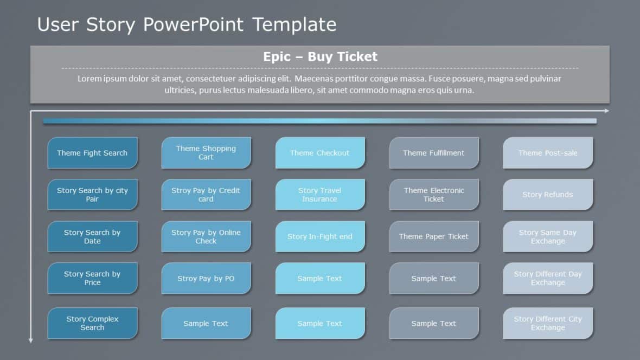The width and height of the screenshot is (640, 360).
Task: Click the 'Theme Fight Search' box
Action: pos(92,153)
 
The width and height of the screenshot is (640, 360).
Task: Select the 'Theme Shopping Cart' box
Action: pos(206,153)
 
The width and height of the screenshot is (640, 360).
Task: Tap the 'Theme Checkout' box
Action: pos(320,153)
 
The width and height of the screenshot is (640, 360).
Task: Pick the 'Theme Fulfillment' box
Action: pos(434,153)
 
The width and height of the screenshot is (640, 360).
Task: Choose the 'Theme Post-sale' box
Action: pos(548,153)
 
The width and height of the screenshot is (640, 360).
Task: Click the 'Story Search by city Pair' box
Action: pos(92,195)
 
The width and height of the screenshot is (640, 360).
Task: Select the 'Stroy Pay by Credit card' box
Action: pos(206,195)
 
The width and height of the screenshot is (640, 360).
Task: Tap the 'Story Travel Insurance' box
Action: pos(320,195)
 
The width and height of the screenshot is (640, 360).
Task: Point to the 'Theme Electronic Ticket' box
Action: pos(434,195)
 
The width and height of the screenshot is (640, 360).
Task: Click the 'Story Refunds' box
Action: pos(548,195)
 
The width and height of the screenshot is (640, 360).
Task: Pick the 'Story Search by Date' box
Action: pos(92,236)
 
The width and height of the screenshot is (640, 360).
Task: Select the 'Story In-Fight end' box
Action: pos(320,236)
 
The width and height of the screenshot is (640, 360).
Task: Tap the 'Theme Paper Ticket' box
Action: pos(434,236)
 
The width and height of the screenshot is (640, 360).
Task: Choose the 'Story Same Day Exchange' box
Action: pos(548,236)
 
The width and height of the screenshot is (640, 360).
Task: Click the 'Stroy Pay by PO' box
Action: pos(206,279)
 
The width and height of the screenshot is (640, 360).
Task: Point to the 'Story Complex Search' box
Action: pos(92,323)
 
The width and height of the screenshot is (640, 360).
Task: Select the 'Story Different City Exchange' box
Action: pos(548,323)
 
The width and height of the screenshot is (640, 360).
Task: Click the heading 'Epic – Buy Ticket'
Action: pos(320,56)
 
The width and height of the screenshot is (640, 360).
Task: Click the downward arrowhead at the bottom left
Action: pos(30,340)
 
